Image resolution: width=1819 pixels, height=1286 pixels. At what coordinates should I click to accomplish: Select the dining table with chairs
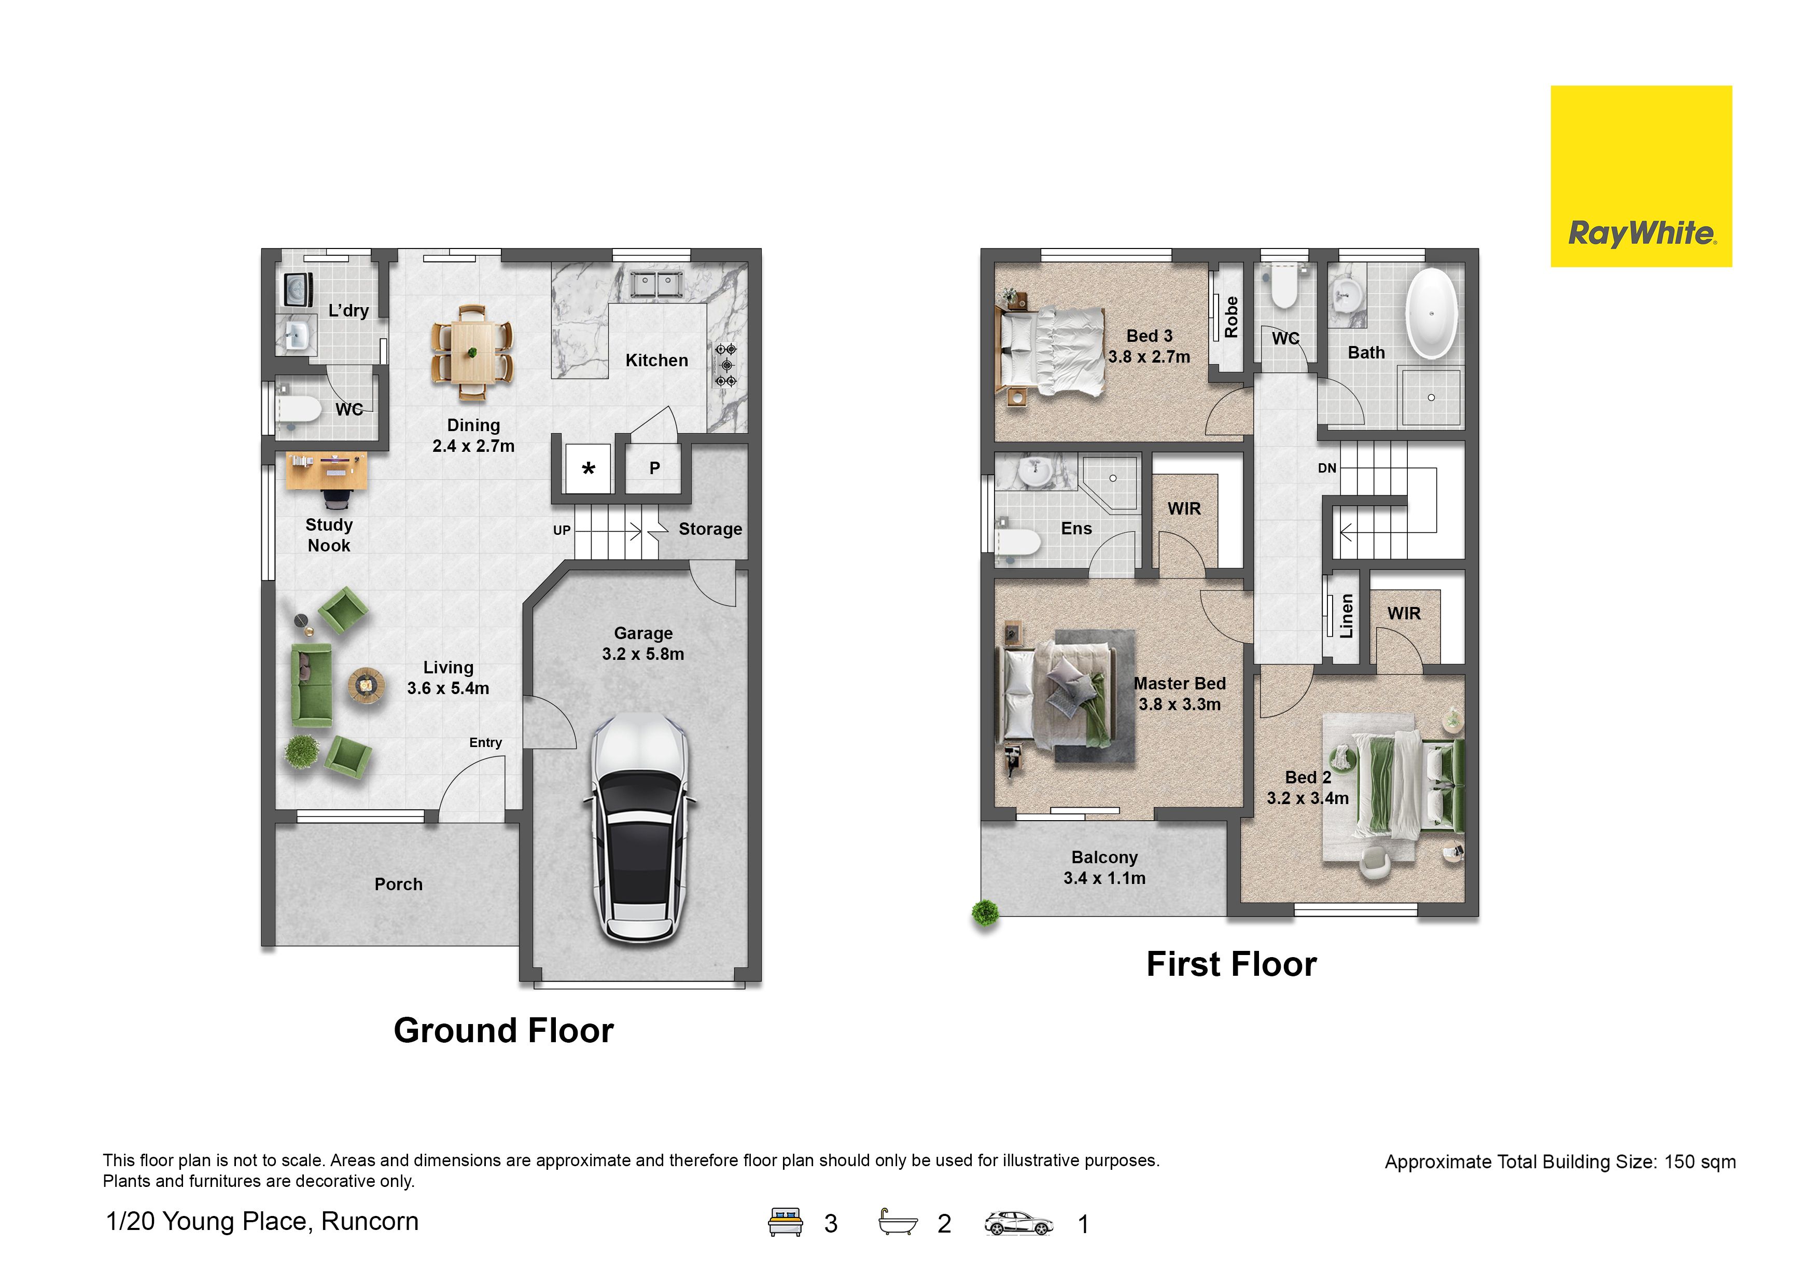(x=472, y=352)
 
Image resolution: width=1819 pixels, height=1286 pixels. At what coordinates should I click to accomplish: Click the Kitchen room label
(x=657, y=361)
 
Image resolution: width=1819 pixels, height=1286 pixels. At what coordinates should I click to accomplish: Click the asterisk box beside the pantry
(x=588, y=468)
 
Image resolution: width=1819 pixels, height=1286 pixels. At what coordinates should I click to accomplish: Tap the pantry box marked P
(x=654, y=468)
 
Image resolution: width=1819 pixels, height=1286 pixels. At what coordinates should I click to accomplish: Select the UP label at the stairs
(x=562, y=530)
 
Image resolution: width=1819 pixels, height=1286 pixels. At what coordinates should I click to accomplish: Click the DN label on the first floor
(x=1327, y=468)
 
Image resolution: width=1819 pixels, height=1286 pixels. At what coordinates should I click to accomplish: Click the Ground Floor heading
(x=504, y=1031)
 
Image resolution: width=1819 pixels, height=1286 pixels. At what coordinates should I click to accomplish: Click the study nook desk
(x=326, y=471)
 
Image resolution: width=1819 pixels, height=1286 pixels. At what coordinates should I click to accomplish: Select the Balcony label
(x=1104, y=858)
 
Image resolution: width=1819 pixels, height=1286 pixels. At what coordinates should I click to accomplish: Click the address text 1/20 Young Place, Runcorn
(x=262, y=1222)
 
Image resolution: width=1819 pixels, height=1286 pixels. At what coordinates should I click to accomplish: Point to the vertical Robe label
(x=1231, y=317)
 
